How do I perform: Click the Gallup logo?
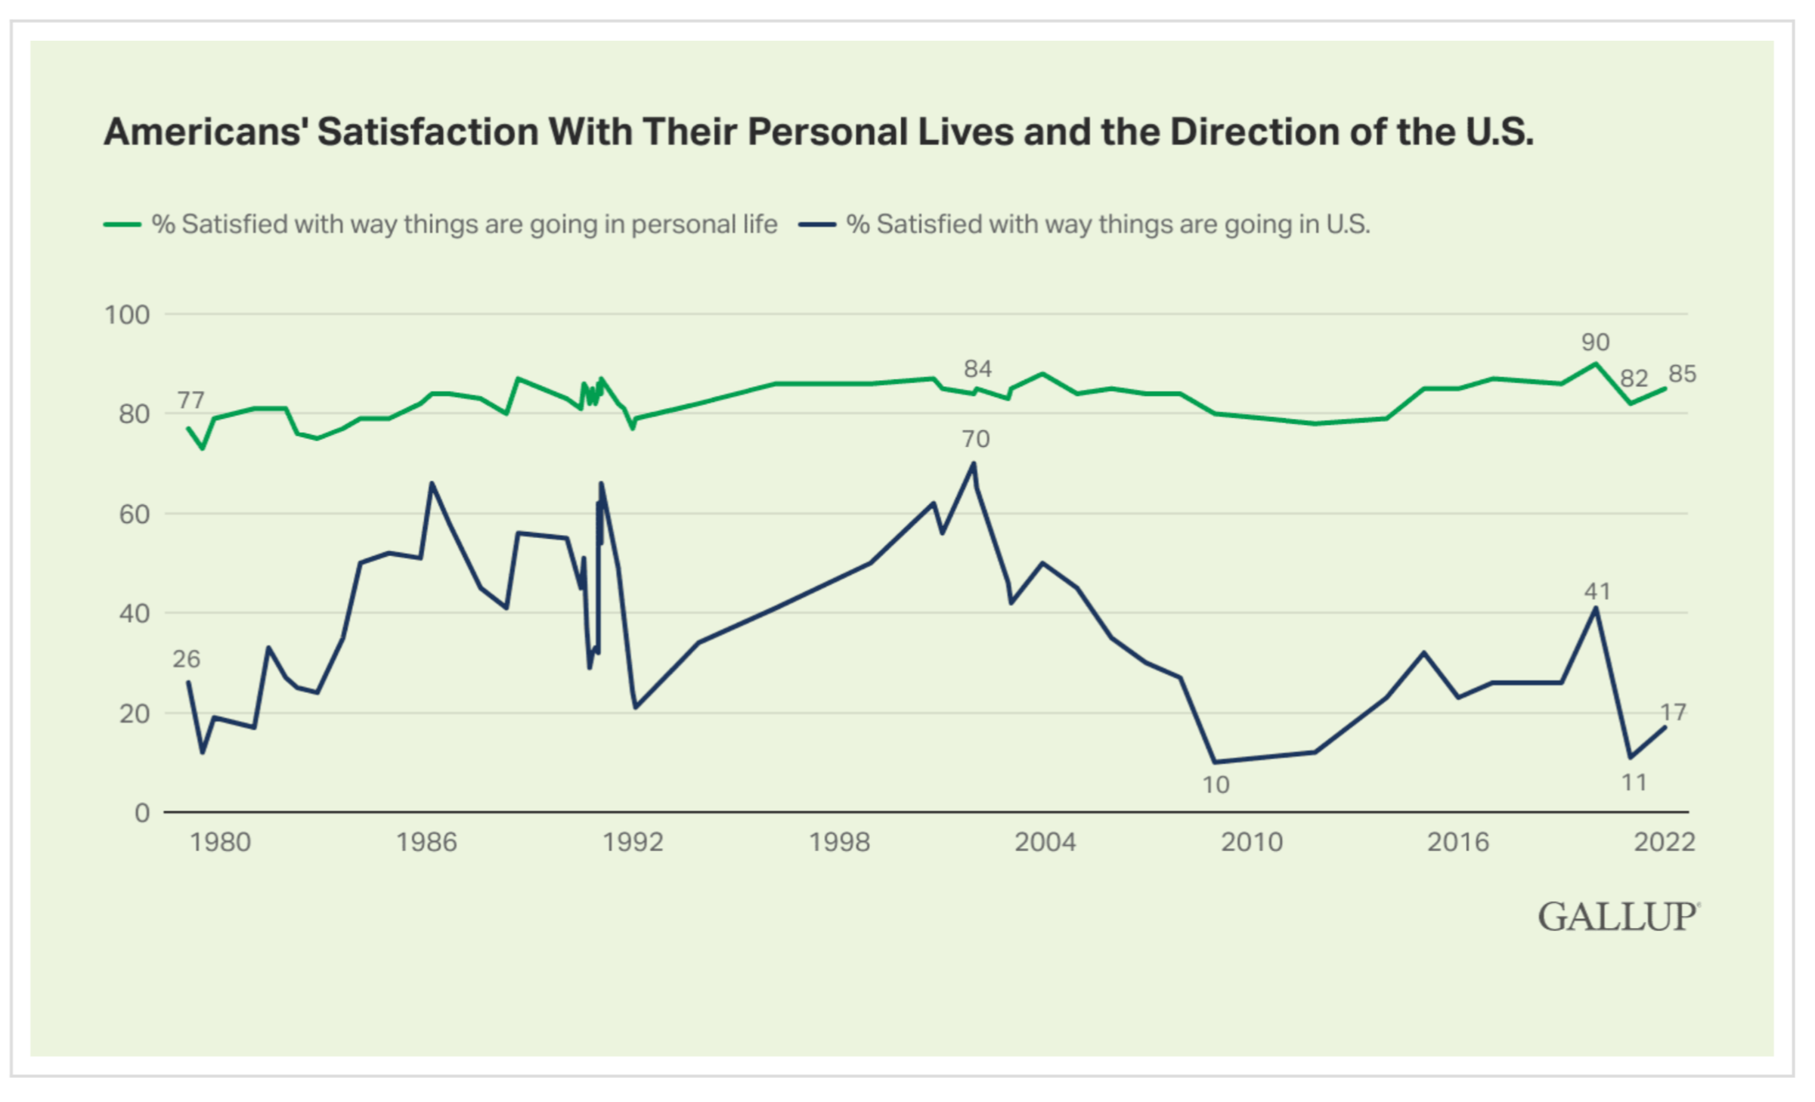point(1618,917)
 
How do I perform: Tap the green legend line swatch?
point(122,224)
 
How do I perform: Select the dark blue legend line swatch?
point(817,224)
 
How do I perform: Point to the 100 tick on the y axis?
point(127,314)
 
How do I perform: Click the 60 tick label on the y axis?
point(134,514)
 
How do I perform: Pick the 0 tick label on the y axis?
point(142,813)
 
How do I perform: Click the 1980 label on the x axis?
point(220,842)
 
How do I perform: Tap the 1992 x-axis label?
point(633,842)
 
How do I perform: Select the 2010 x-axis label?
point(1252,842)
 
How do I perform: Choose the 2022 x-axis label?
point(1665,842)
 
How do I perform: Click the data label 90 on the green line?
point(1596,342)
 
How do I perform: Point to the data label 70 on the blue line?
point(975,439)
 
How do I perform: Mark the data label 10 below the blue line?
point(1216,785)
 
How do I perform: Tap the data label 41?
point(1597,591)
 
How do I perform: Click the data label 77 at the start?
point(190,400)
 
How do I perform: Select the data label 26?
point(186,660)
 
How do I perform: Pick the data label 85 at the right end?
point(1683,374)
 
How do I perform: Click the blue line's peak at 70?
point(974,463)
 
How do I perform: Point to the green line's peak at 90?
point(1596,364)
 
